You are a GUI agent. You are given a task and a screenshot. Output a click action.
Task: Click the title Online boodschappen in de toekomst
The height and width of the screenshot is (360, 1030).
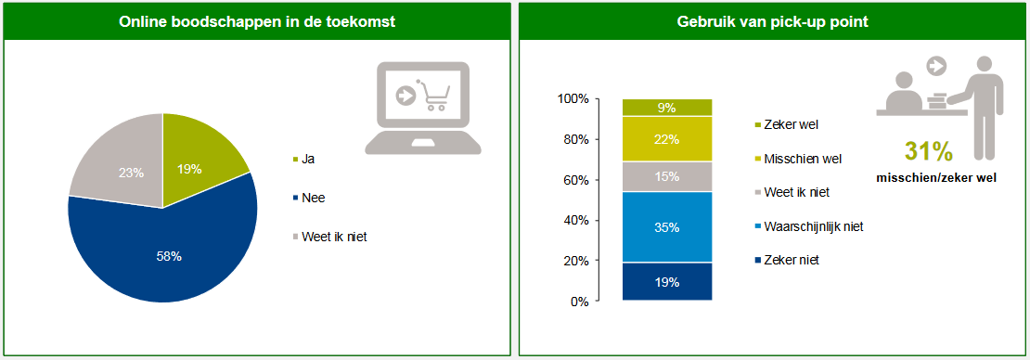pos(257,21)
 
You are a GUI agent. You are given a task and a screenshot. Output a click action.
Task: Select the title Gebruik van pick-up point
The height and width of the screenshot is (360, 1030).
pos(772,21)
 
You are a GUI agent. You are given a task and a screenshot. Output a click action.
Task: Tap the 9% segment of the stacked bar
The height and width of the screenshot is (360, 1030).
pos(666,108)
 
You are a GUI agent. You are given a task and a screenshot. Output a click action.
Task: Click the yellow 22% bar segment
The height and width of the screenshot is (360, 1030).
pos(666,139)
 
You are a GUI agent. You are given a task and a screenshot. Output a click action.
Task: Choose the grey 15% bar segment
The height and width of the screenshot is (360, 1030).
pos(666,176)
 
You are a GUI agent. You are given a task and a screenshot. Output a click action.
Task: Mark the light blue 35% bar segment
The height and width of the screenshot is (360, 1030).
pos(666,227)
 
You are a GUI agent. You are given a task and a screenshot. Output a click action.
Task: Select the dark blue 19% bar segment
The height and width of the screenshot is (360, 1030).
pos(666,282)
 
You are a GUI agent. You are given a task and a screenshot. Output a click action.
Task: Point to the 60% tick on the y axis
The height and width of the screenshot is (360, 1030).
pos(573,180)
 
